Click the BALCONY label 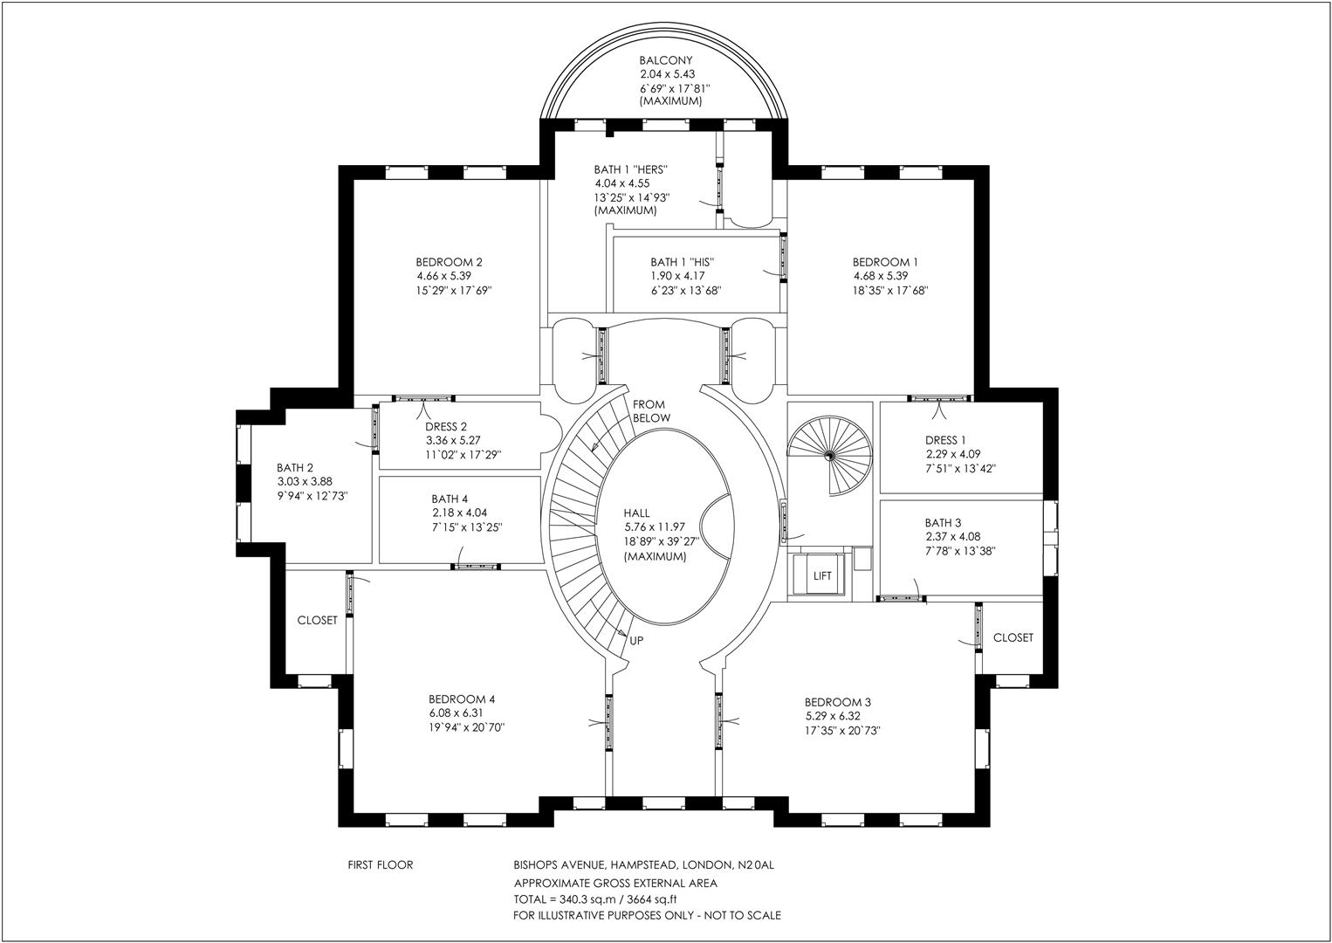[x=665, y=60]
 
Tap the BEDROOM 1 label [x=885, y=262]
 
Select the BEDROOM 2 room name [x=449, y=262]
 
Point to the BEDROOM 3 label [x=838, y=702]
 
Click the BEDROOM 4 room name [x=462, y=699]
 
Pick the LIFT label [x=822, y=576]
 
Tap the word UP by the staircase [x=636, y=641]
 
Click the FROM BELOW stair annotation [x=650, y=411]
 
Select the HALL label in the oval [x=636, y=513]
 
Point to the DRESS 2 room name [x=447, y=427]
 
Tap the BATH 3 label [x=944, y=523]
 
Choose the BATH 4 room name [x=450, y=499]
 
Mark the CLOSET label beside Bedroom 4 [x=317, y=621]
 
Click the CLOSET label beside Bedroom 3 [x=1013, y=638]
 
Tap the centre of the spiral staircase [x=828, y=455]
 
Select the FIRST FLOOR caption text [x=381, y=865]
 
